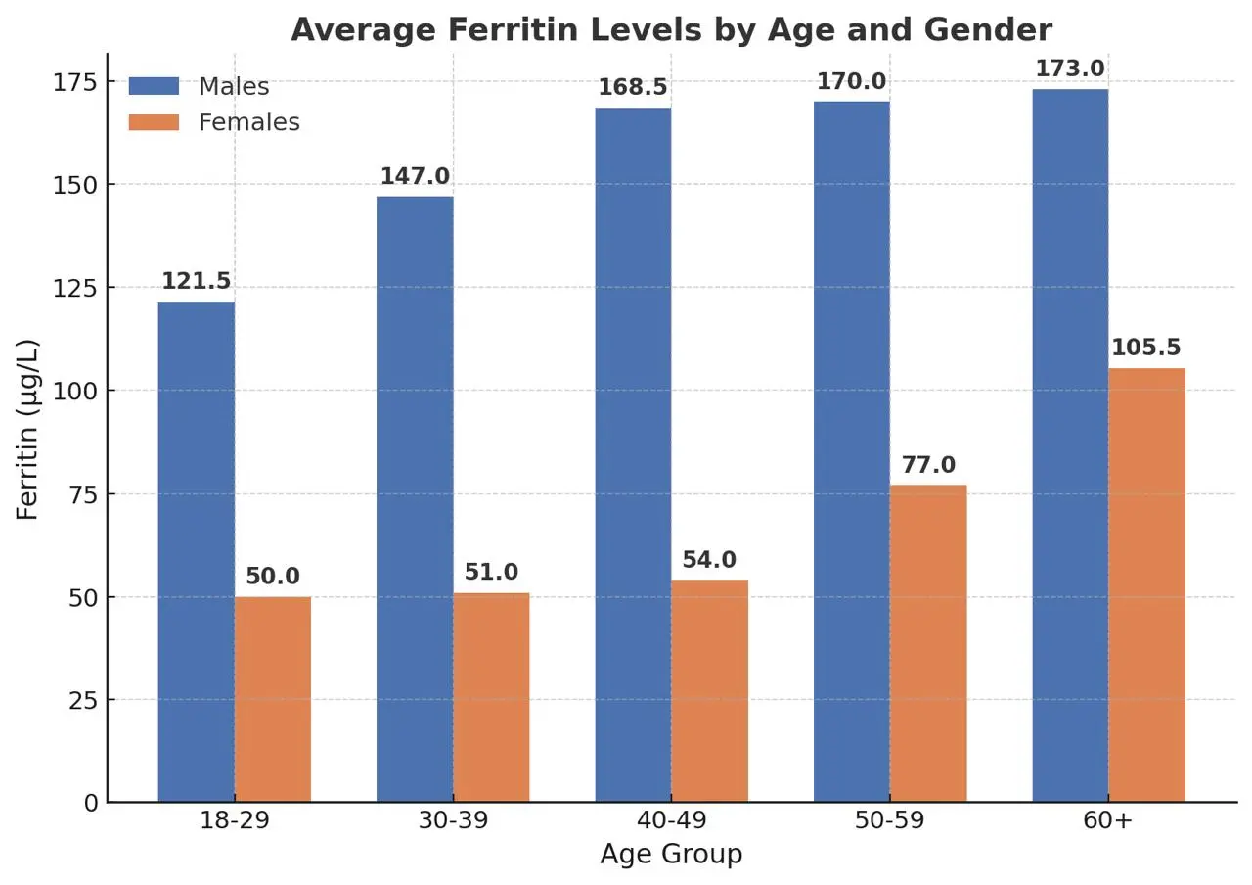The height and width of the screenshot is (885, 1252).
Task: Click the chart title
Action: coord(671,30)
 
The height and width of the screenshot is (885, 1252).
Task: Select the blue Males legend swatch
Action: coord(154,86)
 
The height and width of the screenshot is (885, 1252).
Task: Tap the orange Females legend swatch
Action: coord(154,122)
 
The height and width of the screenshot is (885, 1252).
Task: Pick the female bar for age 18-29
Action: coord(273,699)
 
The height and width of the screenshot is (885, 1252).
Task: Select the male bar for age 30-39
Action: coord(415,499)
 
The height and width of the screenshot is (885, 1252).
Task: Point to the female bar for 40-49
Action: coord(710,690)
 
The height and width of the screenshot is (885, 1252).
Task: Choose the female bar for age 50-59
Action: coord(928,643)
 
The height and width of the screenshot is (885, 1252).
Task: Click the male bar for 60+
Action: coord(1070,445)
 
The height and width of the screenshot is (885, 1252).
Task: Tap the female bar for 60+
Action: coord(1146,584)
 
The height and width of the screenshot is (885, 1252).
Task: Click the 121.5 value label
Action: coord(196,282)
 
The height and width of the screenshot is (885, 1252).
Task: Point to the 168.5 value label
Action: coord(633,88)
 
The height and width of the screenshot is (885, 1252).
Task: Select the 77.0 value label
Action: coord(928,466)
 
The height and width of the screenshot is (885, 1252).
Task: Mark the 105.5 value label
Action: coord(1145,349)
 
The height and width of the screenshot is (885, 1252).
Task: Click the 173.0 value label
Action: coord(1070,70)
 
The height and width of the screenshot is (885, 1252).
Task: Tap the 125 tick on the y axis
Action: coord(76,288)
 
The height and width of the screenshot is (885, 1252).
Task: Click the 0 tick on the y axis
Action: coord(90,803)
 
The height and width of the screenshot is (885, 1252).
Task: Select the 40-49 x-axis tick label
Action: coord(671,820)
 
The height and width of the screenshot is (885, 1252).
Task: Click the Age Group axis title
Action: coord(671,855)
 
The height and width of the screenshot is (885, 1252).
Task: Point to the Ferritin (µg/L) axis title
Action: coord(28,429)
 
